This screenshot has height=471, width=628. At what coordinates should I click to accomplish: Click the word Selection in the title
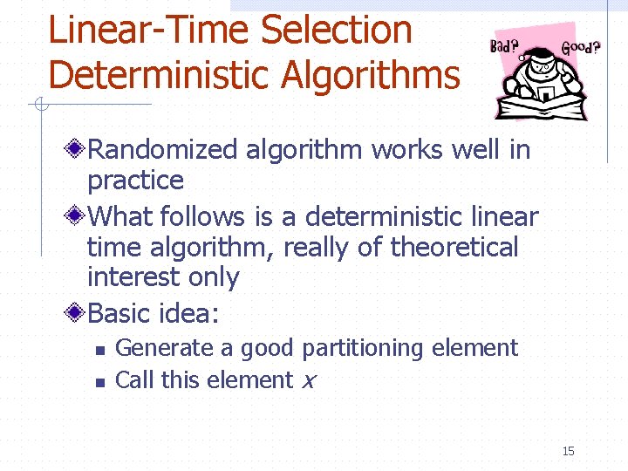pyautogui.click(x=337, y=30)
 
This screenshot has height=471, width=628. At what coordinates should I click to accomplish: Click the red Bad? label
pyautogui.click(x=503, y=45)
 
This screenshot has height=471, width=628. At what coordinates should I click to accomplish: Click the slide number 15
pyautogui.click(x=569, y=451)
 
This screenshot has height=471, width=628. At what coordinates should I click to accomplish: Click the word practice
pyautogui.click(x=135, y=181)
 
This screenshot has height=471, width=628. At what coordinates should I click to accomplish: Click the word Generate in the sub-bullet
pyautogui.click(x=164, y=348)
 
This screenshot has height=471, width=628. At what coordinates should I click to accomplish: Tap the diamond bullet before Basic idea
pyautogui.click(x=77, y=311)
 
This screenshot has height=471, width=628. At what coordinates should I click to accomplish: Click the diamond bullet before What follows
pyautogui.click(x=77, y=215)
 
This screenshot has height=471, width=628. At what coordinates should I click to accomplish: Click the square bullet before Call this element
pyautogui.click(x=99, y=382)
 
